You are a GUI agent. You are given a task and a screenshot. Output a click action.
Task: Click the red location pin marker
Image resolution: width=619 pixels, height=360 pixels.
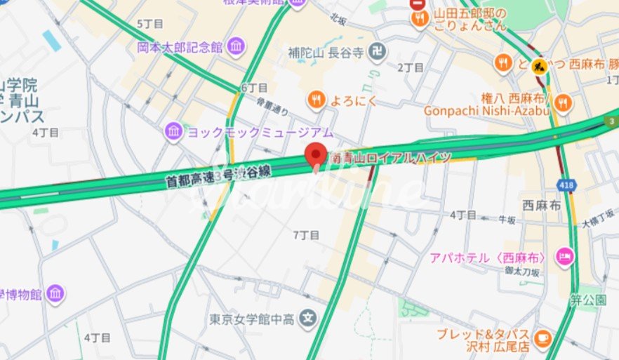coord(315,154)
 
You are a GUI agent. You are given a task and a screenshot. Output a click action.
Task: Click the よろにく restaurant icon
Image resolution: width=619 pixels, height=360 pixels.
coord(317,100)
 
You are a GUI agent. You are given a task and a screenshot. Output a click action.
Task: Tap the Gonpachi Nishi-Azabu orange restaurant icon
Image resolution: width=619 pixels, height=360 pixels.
coord(562,104)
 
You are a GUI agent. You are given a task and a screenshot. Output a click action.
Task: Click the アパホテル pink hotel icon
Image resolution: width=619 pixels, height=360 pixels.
coord(564,257)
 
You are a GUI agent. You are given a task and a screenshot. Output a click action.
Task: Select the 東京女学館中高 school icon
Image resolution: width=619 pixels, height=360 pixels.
coord(307,319)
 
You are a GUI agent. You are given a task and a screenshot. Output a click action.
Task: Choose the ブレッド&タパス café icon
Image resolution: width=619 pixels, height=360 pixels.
coord(542,338)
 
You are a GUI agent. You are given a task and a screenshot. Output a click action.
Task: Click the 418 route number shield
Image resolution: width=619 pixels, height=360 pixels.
coord(565,185)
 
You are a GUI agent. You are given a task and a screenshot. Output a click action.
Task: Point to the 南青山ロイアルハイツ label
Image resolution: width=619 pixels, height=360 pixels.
coord(390,159)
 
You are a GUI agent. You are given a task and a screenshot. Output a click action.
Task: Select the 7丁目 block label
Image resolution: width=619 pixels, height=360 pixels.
coord(305,234)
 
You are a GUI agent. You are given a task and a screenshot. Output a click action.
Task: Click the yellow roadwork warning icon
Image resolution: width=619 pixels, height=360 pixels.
coord(539,66)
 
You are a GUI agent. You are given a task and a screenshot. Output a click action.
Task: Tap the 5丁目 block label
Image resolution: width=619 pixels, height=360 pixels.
coord(149,24)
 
